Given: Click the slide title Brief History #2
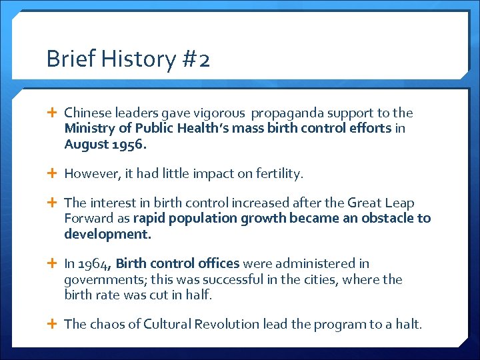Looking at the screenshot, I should coord(128,59).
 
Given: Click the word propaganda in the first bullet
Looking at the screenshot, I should coord(285,113).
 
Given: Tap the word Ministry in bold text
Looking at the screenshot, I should coord(87,128).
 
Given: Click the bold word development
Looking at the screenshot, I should coord(107,234).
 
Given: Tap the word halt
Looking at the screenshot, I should coord(409,325).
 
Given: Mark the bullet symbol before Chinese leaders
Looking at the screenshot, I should coord(54,113).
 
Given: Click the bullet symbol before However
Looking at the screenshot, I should coord(54,174).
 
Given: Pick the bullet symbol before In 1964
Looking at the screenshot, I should coord(54,264).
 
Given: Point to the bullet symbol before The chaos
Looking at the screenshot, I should coord(54,325).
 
